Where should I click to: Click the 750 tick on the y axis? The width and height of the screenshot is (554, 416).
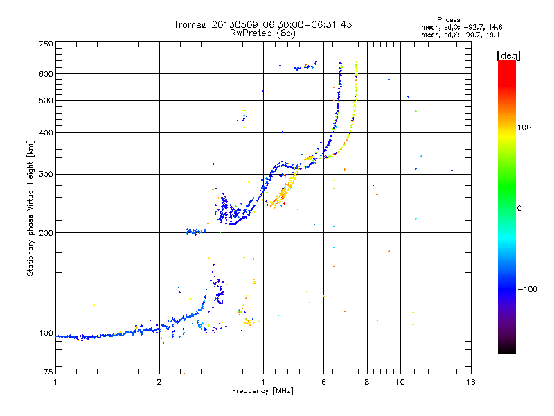click(x=46, y=43)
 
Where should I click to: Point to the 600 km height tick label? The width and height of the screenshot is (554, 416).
click(x=46, y=74)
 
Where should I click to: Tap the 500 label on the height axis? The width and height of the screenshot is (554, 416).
click(x=46, y=101)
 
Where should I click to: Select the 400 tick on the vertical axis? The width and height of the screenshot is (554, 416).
click(x=46, y=132)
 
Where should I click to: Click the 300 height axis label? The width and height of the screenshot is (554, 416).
click(x=46, y=174)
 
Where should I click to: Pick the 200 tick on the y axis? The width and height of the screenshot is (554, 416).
click(x=46, y=232)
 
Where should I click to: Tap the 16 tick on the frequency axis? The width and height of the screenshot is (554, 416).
click(x=470, y=382)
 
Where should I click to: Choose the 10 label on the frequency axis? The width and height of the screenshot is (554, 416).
click(x=399, y=382)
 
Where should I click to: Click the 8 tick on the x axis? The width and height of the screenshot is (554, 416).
click(x=367, y=382)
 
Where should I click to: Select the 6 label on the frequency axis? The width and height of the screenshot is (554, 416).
click(x=323, y=382)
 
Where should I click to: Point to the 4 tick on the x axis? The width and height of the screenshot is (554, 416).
click(x=263, y=382)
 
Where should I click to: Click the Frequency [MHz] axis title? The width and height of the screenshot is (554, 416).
click(x=263, y=392)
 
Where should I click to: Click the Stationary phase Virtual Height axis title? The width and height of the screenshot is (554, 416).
click(x=30, y=208)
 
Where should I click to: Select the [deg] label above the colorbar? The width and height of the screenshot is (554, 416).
click(x=508, y=55)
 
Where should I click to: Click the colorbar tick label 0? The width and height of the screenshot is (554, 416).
click(x=519, y=208)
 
